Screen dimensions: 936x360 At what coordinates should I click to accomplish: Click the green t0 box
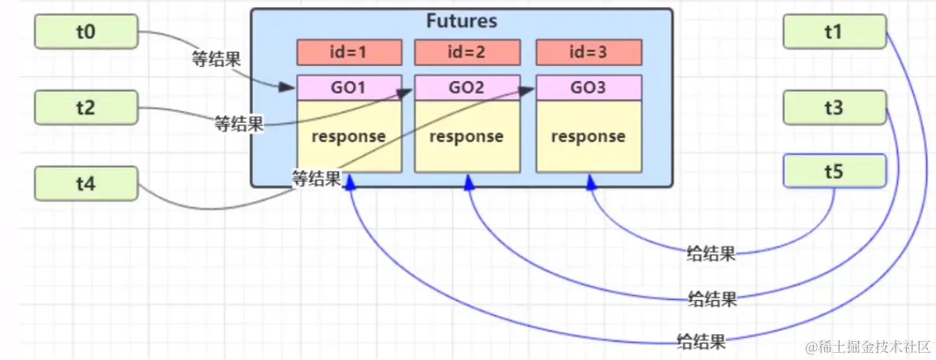(86, 32)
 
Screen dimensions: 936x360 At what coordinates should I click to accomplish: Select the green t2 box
(86, 107)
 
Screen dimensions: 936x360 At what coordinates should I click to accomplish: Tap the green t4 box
(86, 184)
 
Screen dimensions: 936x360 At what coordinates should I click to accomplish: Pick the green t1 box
(834, 32)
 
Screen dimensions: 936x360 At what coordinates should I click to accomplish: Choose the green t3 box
(834, 107)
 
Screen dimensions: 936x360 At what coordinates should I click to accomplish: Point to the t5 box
(834, 172)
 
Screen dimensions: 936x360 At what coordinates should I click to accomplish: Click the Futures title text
(462, 21)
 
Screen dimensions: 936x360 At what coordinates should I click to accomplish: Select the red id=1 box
(349, 52)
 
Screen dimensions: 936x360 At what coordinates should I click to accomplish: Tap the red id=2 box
(466, 52)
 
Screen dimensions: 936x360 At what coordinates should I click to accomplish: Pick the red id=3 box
(589, 52)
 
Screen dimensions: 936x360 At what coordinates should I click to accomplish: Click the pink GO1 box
(349, 87)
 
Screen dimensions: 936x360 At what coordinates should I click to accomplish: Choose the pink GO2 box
(466, 87)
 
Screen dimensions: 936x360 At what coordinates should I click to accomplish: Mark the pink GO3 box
(589, 87)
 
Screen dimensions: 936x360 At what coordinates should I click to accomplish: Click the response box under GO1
(349, 136)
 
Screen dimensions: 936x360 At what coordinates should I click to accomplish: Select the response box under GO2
(466, 136)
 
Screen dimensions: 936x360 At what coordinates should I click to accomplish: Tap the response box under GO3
(589, 136)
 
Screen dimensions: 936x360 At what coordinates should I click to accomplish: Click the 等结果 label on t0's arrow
(216, 58)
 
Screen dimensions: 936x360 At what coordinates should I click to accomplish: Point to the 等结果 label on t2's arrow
(240, 124)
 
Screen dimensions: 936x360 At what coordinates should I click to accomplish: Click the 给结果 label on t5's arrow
(711, 255)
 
